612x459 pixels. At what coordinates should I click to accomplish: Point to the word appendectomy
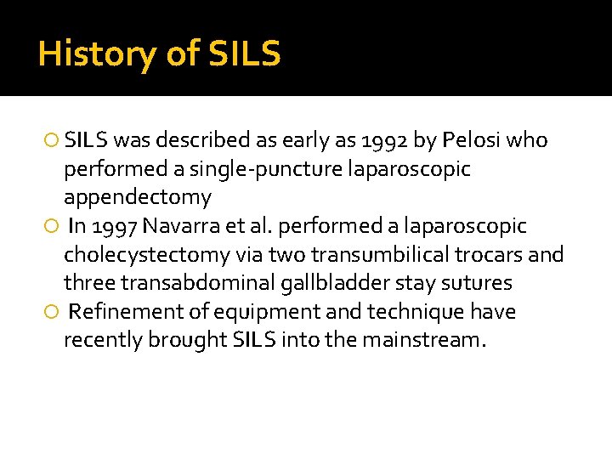(137, 198)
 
